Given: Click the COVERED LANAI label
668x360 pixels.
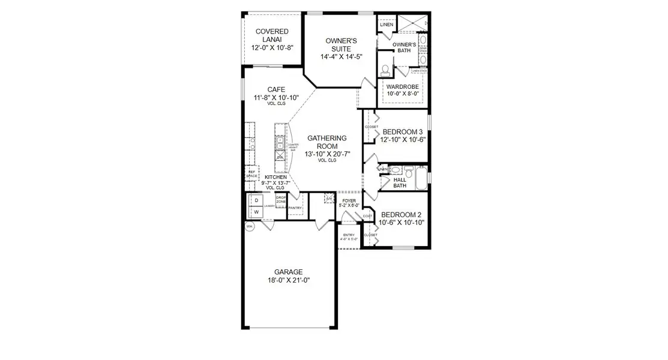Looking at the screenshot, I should (272, 35).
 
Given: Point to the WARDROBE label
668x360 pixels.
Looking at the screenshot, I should (402, 86).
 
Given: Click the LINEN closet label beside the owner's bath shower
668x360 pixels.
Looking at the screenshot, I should (387, 25).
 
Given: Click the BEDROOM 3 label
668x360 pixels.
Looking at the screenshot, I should (403, 132).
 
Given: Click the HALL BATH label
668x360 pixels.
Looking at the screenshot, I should (400, 182).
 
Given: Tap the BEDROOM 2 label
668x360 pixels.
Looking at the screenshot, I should (402, 214).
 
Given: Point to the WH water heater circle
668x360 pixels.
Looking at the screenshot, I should (250, 226).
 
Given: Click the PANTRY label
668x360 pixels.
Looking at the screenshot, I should (295, 208).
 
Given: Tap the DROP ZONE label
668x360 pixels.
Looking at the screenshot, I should (280, 199).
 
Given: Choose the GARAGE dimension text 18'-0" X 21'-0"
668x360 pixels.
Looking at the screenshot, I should (288, 280).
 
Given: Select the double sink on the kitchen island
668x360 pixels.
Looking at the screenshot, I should (280, 143).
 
